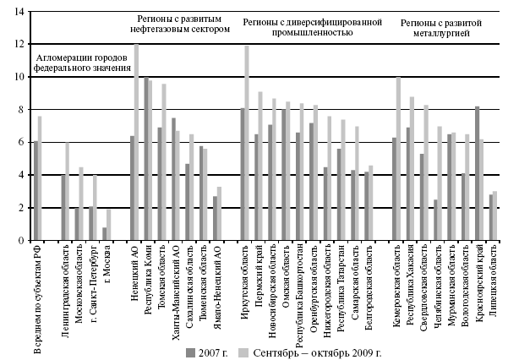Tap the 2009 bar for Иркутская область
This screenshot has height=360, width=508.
[x=247, y=143]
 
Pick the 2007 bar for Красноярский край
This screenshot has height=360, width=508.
[x=477, y=173]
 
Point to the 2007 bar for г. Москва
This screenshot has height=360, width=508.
[x=105, y=234]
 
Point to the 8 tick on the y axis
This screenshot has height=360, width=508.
[x=23, y=110]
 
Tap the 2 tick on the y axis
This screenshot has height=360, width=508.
[x=23, y=208]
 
